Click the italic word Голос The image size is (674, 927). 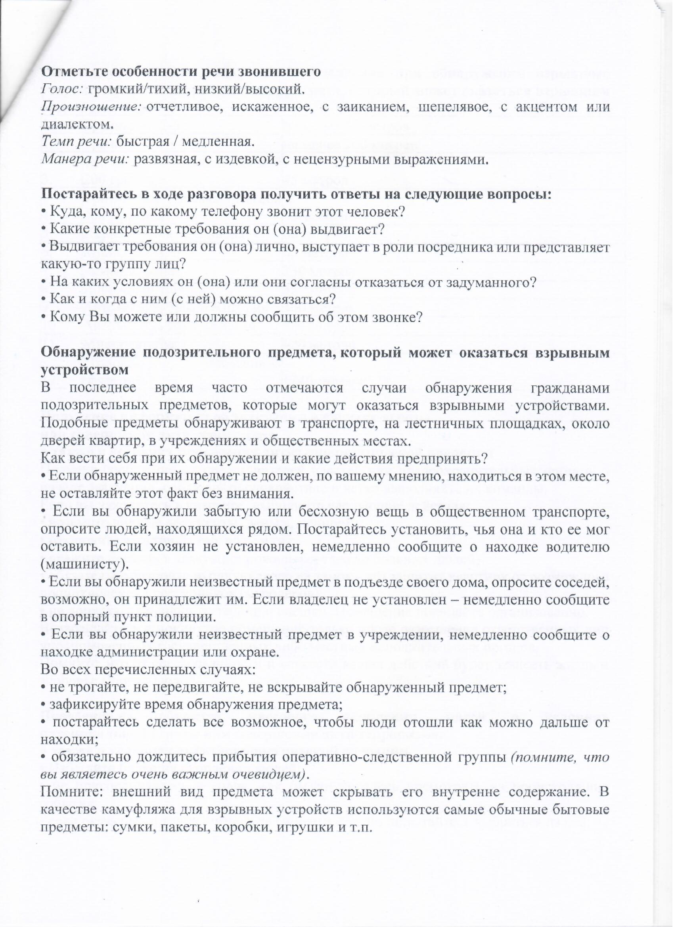click(x=61, y=89)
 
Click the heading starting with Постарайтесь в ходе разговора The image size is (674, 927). click(x=296, y=194)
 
